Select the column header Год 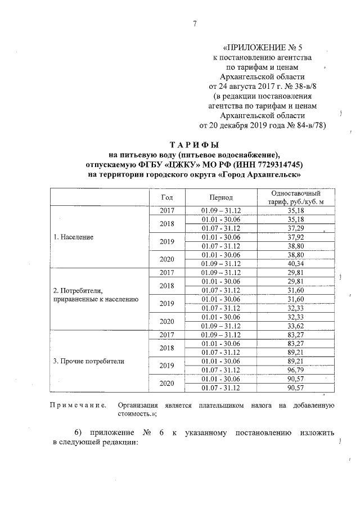click(166, 197)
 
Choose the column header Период click(220, 197)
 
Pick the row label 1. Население click(73, 237)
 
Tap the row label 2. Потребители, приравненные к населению click(94, 295)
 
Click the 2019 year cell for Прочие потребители click(166, 365)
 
